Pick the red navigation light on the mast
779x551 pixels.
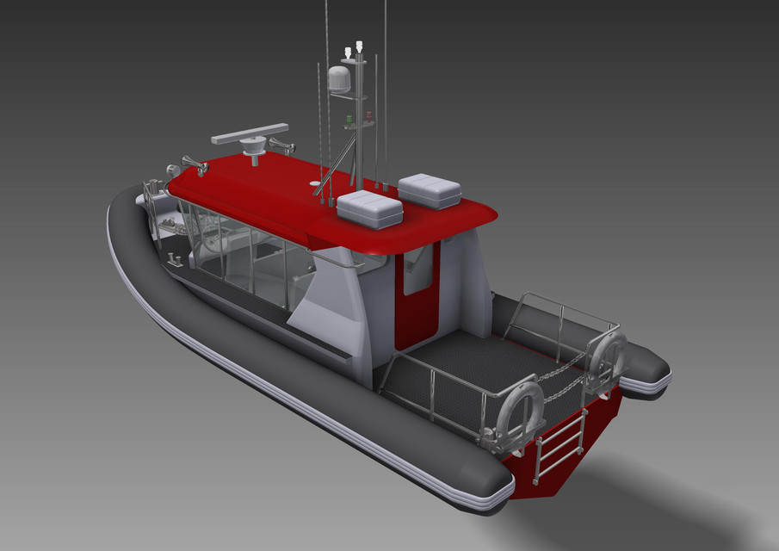coord(368,115)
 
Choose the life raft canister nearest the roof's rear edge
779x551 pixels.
coord(369,209)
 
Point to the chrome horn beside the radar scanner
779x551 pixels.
coord(281,146)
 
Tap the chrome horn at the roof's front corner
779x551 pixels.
coord(195,165)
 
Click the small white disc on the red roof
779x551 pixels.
coord(313,183)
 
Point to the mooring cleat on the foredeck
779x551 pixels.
coord(173,258)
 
